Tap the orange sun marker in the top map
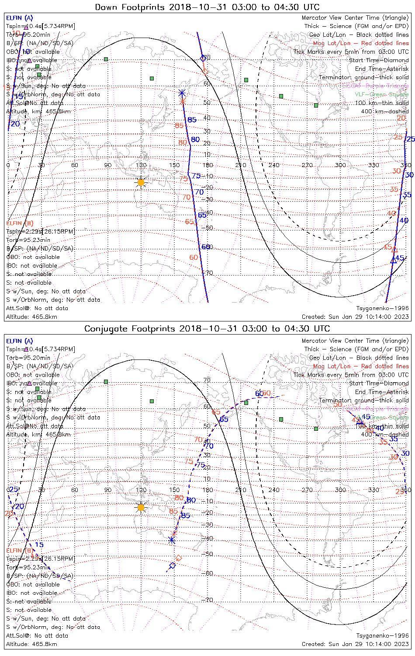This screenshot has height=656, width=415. pyautogui.click(x=141, y=182)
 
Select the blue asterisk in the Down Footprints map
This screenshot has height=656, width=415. pyautogui.click(x=182, y=93)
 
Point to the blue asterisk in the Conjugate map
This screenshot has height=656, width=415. pyautogui.click(x=172, y=540)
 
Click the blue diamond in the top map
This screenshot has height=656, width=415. pyautogui.click(x=203, y=58)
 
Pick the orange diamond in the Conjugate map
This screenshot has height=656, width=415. pyautogui.click(x=179, y=558)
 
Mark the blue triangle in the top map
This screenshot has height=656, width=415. pyautogui.click(x=393, y=260)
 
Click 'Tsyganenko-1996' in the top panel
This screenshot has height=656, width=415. pyautogui.click(x=382, y=308)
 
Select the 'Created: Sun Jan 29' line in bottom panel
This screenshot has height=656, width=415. pyautogui.click(x=355, y=644)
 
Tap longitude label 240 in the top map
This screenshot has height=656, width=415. pyautogui.click(x=274, y=165)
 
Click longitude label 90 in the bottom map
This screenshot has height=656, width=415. pyautogui.click(x=108, y=490)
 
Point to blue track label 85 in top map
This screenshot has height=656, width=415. pyautogui.click(x=192, y=120)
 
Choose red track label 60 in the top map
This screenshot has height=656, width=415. pyautogui.click(x=194, y=258)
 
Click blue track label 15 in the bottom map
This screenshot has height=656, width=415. pyautogui.click(x=39, y=545)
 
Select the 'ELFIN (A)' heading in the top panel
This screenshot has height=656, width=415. pyautogui.click(x=19, y=18)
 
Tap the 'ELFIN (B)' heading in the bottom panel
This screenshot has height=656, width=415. pyautogui.click(x=19, y=550)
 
